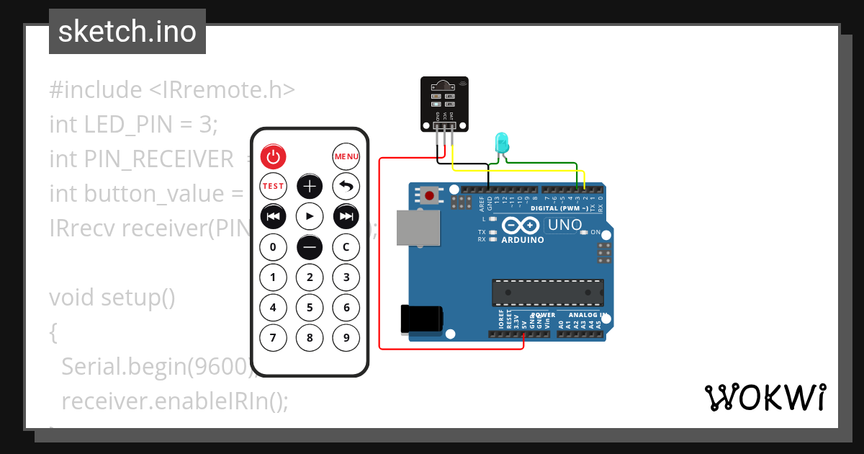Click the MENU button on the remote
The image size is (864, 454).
[x=346, y=156]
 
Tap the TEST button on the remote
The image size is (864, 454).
[x=273, y=186]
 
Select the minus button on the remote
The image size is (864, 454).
[x=310, y=247]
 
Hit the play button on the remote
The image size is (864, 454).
[x=310, y=216]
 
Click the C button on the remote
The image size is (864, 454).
[x=346, y=247]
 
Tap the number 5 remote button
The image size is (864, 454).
[x=310, y=308]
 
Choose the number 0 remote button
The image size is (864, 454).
[x=273, y=247]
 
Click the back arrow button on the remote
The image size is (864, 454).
[x=346, y=186]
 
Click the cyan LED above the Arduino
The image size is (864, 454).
[x=501, y=142]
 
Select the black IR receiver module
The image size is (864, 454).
[x=444, y=104]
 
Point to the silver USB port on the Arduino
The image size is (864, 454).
[x=418, y=228]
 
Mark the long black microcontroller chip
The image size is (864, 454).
[x=548, y=292]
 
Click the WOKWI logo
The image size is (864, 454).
[x=765, y=396]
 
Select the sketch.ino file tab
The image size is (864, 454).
[x=127, y=32]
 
